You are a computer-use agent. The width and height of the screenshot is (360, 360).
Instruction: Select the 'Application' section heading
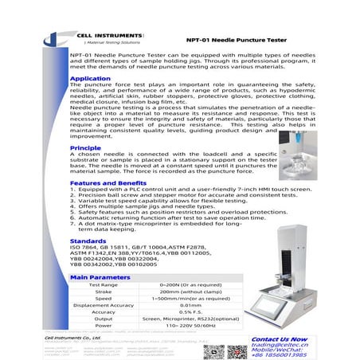pos(89,79)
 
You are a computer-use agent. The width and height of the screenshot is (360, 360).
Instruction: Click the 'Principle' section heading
pos(85,148)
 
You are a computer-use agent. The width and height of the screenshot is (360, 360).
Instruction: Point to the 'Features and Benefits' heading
pos(105,182)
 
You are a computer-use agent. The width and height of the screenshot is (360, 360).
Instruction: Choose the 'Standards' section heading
pos(88,240)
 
